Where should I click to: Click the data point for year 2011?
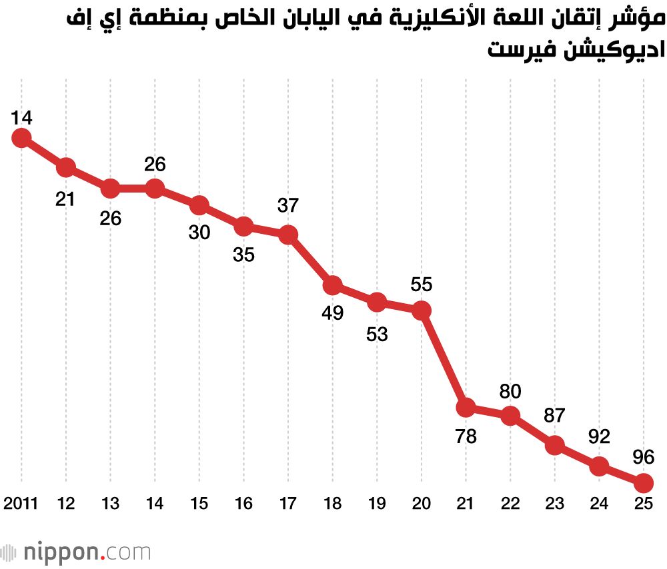[21, 138]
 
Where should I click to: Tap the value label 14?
[21, 118]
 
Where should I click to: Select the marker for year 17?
[288, 235]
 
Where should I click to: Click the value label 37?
[288, 206]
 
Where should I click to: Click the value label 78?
[466, 437]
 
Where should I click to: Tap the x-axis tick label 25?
[643, 504]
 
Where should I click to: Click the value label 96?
[643, 457]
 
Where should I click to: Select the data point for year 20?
[421, 310]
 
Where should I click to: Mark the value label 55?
[421, 284]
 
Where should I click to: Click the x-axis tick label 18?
[332, 504]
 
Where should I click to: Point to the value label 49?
[332, 313]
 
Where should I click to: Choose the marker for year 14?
[155, 189]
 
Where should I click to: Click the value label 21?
[65, 198]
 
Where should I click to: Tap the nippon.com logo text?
[87, 552]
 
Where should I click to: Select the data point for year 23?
[554, 444]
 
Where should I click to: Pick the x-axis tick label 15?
[199, 504]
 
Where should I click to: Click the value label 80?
[510, 391]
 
